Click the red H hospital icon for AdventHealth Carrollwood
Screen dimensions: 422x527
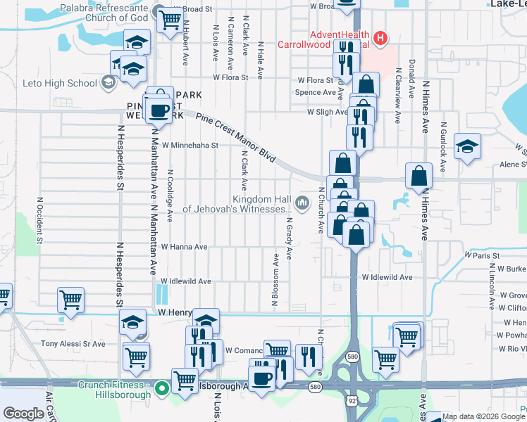(380, 37)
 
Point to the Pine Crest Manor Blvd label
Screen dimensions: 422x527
(235, 141)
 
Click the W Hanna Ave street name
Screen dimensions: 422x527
(184, 247)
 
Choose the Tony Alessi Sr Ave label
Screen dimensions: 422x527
(73, 344)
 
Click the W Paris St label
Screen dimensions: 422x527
(482, 255)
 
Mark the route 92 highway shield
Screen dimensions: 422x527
(351, 399)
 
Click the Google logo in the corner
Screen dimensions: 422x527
(23, 414)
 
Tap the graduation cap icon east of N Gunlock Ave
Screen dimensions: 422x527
(467, 146)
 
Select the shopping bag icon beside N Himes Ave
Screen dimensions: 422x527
(418, 178)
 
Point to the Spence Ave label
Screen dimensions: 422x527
(315, 92)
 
